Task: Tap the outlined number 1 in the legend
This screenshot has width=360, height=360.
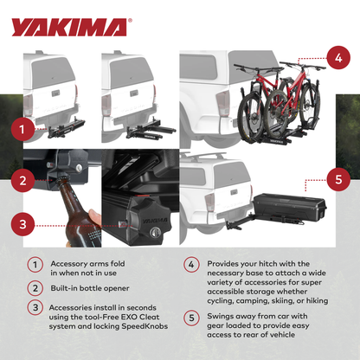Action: tap(34, 265)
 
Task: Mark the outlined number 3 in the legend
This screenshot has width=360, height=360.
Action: tap(34, 306)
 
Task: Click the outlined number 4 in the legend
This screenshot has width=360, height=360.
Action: tap(191, 265)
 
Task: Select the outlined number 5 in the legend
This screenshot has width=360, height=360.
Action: tap(191, 317)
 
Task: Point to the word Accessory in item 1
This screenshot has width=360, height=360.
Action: tap(70, 264)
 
